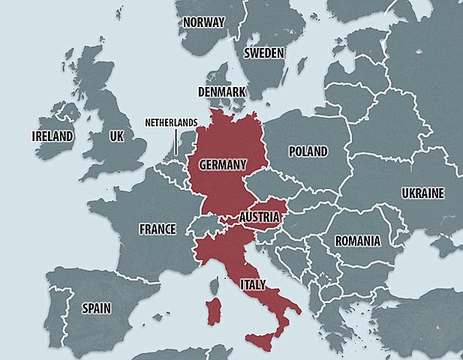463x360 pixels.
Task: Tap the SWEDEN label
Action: tap(263, 53)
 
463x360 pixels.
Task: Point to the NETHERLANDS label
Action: tap(171, 121)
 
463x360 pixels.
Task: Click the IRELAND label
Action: tap(53, 136)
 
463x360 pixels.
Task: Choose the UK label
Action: tap(116, 137)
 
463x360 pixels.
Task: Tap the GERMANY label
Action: tap(222, 164)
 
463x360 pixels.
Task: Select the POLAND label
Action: tap(308, 151)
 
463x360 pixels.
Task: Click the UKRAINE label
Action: tap(422, 193)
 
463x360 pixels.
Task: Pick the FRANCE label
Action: tap(157, 229)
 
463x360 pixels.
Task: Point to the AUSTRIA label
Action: tap(260, 217)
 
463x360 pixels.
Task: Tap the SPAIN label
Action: tap(97, 307)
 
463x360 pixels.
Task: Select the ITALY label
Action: tap(251, 284)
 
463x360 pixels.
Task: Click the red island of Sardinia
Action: tap(213, 310)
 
